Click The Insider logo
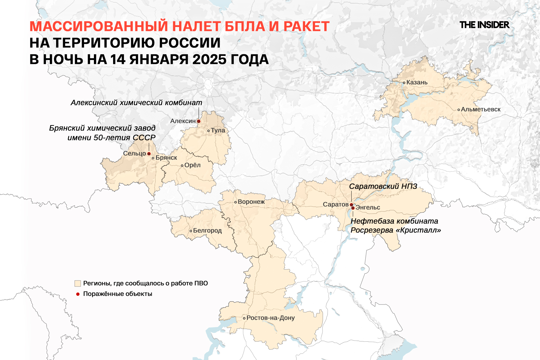(484, 25)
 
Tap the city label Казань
(417, 82)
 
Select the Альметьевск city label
(481, 109)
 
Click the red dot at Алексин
(199, 121)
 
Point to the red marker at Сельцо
(149, 154)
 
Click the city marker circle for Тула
(208, 131)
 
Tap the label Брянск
(166, 158)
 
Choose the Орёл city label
(192, 165)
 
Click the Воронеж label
(251, 202)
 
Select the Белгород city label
(207, 231)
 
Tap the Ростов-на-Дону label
(271, 318)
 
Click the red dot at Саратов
(351, 205)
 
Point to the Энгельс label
(368, 208)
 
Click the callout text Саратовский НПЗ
(383, 186)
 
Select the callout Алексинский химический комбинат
(136, 103)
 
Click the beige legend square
(78, 283)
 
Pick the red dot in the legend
(78, 294)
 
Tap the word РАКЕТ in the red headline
(306, 26)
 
